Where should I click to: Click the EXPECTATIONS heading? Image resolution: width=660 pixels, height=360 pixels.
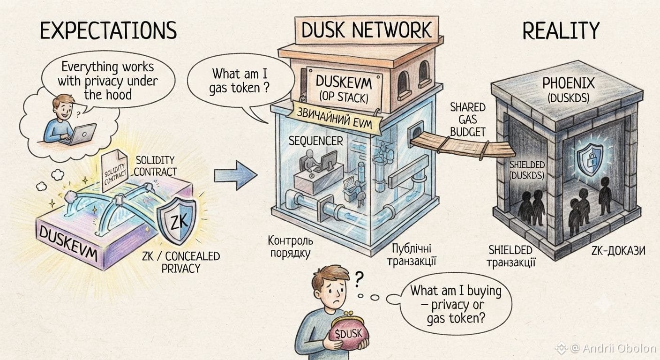(108, 30)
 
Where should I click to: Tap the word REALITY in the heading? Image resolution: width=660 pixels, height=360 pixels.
(561, 30)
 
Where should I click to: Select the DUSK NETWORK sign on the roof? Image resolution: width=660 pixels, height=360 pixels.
(367, 30)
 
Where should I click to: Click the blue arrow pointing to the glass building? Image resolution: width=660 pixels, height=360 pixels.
(236, 175)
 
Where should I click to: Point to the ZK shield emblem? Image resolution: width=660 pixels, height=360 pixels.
(177, 220)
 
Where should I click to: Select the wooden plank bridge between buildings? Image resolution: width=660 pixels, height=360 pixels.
(463, 147)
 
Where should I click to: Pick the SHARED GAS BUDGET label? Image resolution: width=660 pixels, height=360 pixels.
(468, 120)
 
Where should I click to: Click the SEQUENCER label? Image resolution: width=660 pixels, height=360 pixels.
(316, 141)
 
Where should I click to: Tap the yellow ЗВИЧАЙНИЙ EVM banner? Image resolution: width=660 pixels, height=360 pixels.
(334, 118)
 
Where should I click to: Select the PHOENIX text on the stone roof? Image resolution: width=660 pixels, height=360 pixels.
(569, 83)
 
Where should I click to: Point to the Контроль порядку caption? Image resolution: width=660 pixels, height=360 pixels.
(290, 247)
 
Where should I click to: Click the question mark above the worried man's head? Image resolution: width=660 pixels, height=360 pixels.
(359, 279)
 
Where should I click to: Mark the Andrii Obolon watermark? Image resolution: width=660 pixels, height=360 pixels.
(607, 348)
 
